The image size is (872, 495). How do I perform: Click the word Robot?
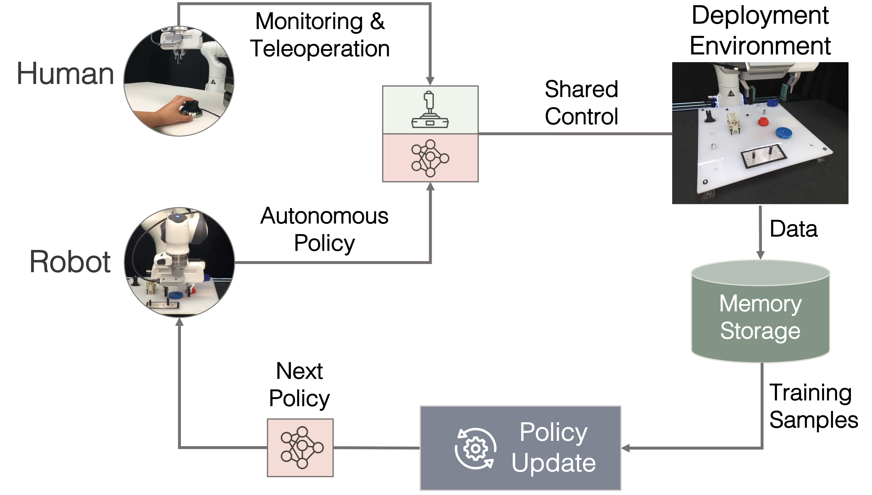(x=70, y=262)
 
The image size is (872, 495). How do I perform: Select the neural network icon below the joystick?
(x=430, y=158)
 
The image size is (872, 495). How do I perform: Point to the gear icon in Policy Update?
(x=475, y=448)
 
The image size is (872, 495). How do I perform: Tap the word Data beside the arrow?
(x=793, y=229)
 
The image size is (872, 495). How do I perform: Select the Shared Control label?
(x=581, y=103)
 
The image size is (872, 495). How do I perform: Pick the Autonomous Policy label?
(x=324, y=230)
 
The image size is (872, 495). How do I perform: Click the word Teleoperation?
(x=320, y=48)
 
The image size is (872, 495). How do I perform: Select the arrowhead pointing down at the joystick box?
(x=430, y=81)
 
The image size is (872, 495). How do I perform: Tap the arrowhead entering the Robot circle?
(x=179, y=322)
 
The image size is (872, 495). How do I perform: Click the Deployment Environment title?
(x=760, y=30)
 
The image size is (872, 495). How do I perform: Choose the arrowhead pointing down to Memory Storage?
(x=760, y=255)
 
